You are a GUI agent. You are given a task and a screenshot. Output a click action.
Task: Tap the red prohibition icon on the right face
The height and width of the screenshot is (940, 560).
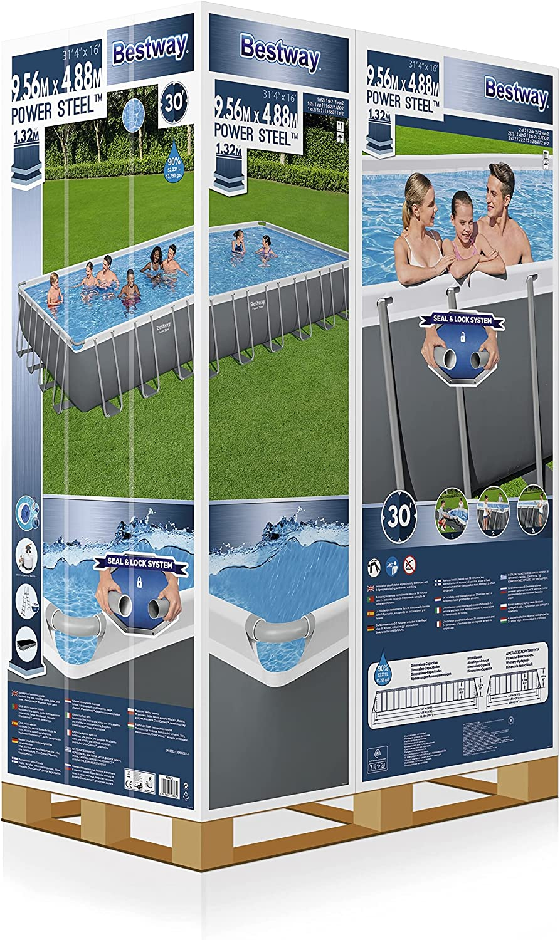point(410,564)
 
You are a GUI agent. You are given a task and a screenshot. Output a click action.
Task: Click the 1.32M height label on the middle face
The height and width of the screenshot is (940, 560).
point(230,150)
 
